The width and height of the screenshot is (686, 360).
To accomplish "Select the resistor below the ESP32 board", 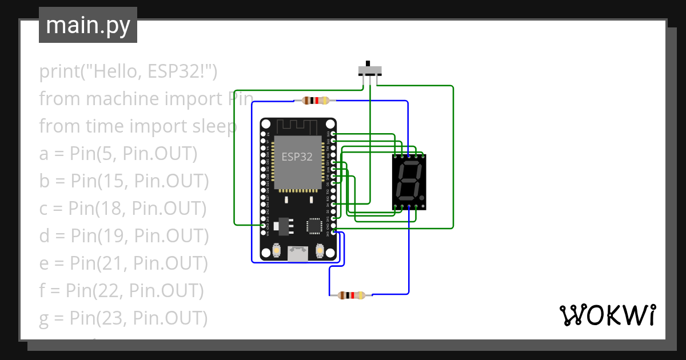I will (351, 295).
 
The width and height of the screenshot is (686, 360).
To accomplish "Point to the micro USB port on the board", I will (297, 253).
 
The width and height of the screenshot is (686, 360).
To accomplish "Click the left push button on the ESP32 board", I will (276, 251).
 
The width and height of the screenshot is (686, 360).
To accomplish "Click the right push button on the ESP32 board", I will (319, 251).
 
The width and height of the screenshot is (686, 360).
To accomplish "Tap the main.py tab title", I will (87, 25).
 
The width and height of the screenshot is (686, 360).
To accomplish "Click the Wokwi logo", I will (607, 315).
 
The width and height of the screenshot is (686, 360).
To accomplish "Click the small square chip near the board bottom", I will (314, 226).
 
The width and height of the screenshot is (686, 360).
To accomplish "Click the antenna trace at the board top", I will (298, 126).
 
